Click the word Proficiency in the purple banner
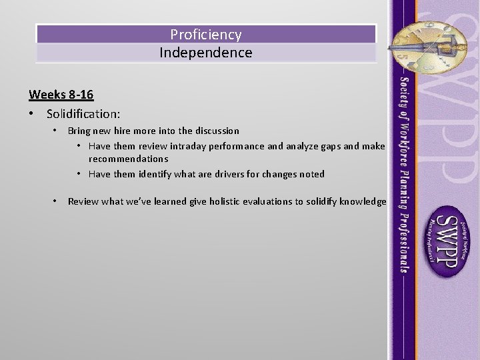tap(205, 34)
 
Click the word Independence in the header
tap(205, 53)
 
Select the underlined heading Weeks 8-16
tap(61, 94)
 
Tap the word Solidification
tap(83, 114)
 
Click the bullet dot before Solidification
tap(32, 114)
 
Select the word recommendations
tap(128, 159)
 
